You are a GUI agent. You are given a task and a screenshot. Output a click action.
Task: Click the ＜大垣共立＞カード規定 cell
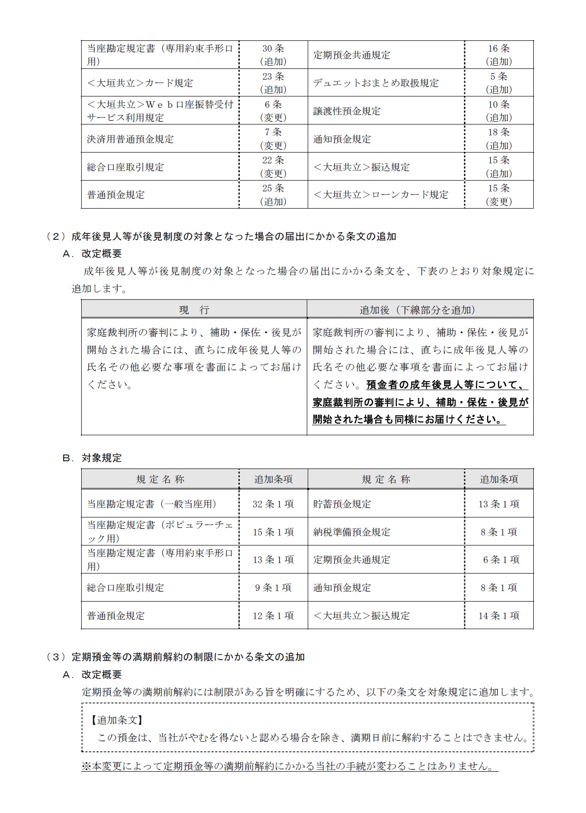[140, 83]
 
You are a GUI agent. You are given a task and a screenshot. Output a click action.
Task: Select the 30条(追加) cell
[273, 55]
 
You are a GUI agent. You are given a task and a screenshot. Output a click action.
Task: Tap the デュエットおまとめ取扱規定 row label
[376, 83]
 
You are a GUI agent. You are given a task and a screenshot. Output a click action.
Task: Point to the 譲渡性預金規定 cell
[347, 111]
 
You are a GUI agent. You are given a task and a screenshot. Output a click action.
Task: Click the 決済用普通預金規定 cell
[131, 139]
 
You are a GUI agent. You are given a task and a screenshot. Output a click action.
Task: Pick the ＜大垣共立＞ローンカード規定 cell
[381, 194]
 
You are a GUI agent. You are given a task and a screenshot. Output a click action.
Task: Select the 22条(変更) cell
[273, 166]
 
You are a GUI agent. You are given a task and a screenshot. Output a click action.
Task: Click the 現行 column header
[194, 310]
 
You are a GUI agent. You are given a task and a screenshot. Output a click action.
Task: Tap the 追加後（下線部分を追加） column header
[420, 310]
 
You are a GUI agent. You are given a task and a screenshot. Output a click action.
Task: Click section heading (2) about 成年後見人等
[221, 236]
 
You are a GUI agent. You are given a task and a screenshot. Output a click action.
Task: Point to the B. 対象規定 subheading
[92, 458]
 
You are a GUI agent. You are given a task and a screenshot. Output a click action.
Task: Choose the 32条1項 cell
[273, 504]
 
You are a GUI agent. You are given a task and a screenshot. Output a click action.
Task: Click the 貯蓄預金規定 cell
[342, 504]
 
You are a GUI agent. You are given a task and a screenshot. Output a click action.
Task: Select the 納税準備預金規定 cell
[351, 532]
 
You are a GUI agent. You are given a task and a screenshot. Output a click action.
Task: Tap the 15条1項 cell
[273, 532]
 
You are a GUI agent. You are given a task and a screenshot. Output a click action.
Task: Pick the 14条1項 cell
[499, 615]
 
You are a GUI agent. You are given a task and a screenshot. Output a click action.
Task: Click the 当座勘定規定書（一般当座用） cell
[152, 504]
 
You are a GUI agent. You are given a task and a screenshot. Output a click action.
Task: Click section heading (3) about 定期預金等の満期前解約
[176, 657]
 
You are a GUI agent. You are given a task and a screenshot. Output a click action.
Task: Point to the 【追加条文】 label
[117, 720]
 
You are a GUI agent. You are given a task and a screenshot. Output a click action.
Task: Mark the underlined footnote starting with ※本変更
[290, 766]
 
